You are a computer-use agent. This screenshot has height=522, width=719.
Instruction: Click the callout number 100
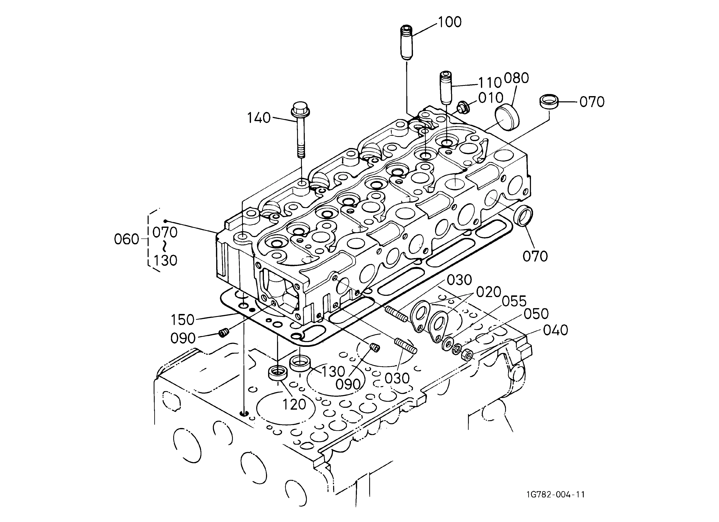point(449,22)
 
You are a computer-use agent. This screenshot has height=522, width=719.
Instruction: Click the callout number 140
point(259,118)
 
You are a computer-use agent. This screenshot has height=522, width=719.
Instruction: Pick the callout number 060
point(127,239)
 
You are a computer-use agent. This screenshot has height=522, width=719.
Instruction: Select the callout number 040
point(555,330)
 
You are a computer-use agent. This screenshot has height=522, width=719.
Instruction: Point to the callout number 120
point(294,404)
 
